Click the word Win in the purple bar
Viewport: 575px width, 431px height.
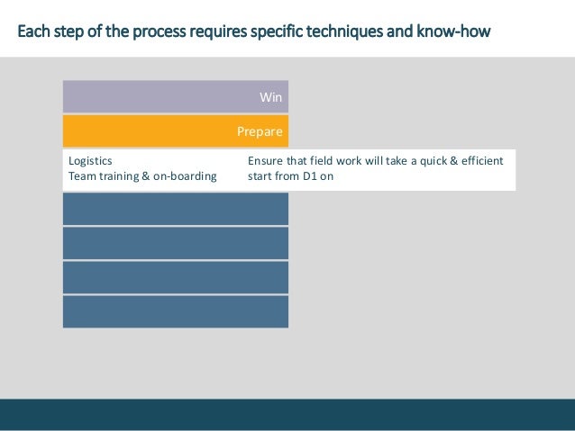(x=270, y=96)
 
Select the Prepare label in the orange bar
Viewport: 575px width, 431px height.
(x=260, y=131)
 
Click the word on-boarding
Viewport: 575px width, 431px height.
(x=187, y=177)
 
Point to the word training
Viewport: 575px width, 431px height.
(x=123, y=177)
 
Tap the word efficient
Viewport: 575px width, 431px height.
(x=477, y=161)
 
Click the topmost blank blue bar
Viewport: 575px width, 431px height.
(x=176, y=209)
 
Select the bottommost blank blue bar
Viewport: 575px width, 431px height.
(x=176, y=311)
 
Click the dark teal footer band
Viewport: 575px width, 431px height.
(x=287, y=413)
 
